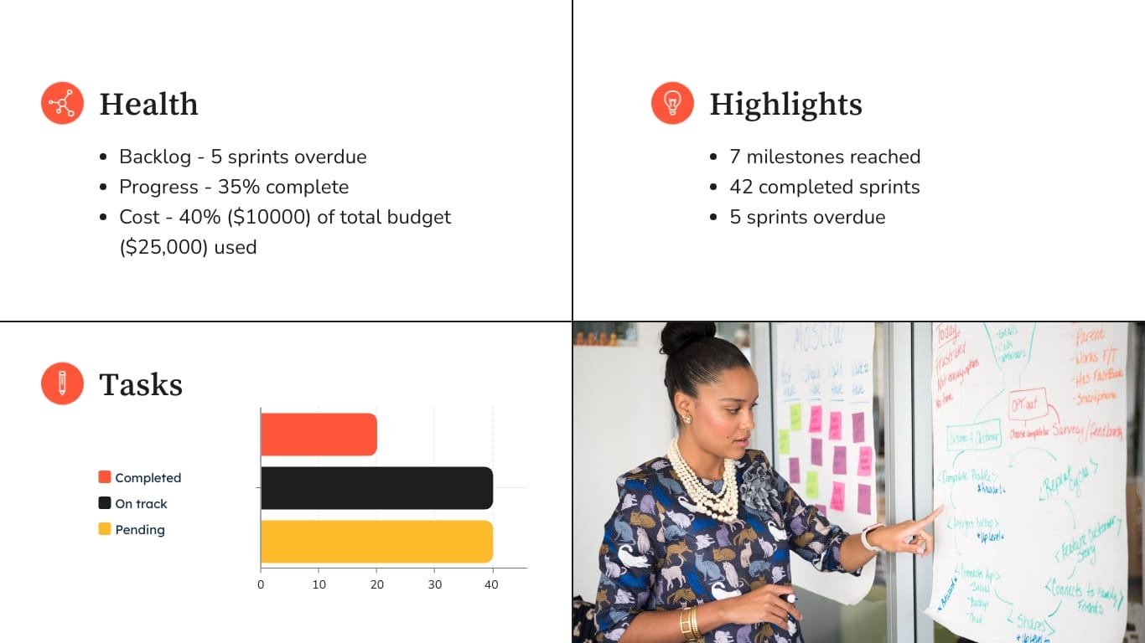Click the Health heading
148,104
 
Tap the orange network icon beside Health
62,104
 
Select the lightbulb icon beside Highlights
672,104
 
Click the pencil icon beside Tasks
62,384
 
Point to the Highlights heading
785,104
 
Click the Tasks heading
141,384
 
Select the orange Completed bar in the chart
319,435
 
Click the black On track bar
376,488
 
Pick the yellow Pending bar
376,542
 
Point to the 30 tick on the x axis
434,584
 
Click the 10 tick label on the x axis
319,584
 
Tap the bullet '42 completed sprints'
825,187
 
